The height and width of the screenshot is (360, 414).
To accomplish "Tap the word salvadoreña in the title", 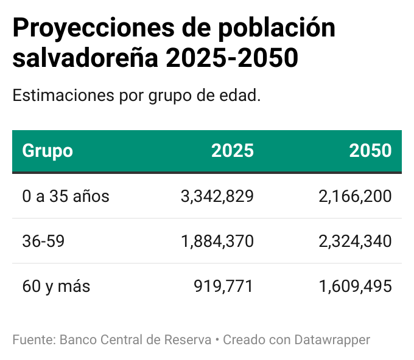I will point(85,58).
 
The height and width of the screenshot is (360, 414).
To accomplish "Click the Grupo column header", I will point(47,151).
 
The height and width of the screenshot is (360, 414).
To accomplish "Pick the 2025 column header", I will point(232,151).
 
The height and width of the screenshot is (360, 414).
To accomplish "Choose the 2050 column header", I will point(370,151).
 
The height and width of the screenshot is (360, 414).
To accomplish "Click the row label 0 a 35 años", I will point(66,196).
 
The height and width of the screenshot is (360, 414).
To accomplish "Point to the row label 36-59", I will point(43,241).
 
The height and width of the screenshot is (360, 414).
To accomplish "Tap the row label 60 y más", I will point(56,286).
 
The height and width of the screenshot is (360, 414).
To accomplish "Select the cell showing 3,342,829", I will point(217,196).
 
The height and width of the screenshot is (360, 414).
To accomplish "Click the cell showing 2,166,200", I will point(355,196).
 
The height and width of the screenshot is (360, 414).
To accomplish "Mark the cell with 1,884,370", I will point(217,241).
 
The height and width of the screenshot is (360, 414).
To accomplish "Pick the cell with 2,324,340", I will point(355,241).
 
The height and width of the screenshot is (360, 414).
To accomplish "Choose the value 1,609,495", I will point(355,286).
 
